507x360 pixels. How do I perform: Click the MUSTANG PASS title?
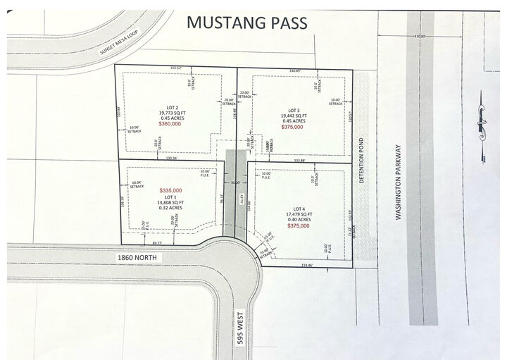click(x=246, y=23)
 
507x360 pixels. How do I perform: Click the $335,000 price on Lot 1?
click(x=171, y=191)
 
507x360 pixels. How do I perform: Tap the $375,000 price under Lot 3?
click(x=294, y=127)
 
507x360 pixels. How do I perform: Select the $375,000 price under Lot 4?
click(x=301, y=226)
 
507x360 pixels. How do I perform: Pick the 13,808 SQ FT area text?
click(x=171, y=202)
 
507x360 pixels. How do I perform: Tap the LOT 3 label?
click(x=294, y=111)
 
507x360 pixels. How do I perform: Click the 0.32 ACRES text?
click(x=171, y=208)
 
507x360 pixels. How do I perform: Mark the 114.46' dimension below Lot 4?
click(x=307, y=265)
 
